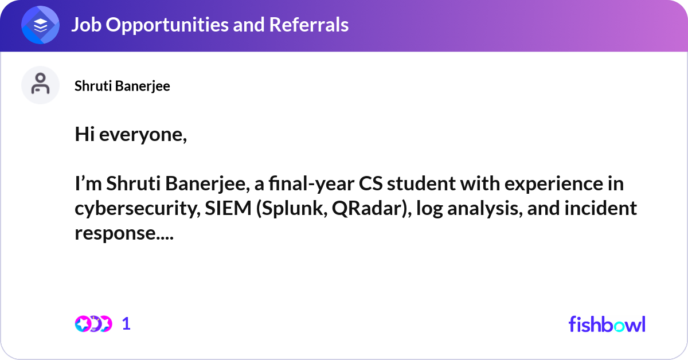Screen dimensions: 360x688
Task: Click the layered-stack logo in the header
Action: click(41, 25)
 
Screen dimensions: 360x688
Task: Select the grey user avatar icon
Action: click(40, 85)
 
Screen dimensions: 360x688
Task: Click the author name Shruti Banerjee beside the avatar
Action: click(122, 86)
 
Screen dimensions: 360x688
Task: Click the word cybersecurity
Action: click(135, 209)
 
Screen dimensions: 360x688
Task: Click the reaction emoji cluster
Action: click(93, 323)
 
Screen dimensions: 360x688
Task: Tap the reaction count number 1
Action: click(126, 324)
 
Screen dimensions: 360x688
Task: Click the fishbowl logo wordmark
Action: click(607, 324)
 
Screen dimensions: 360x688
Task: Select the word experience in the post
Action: click(553, 185)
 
